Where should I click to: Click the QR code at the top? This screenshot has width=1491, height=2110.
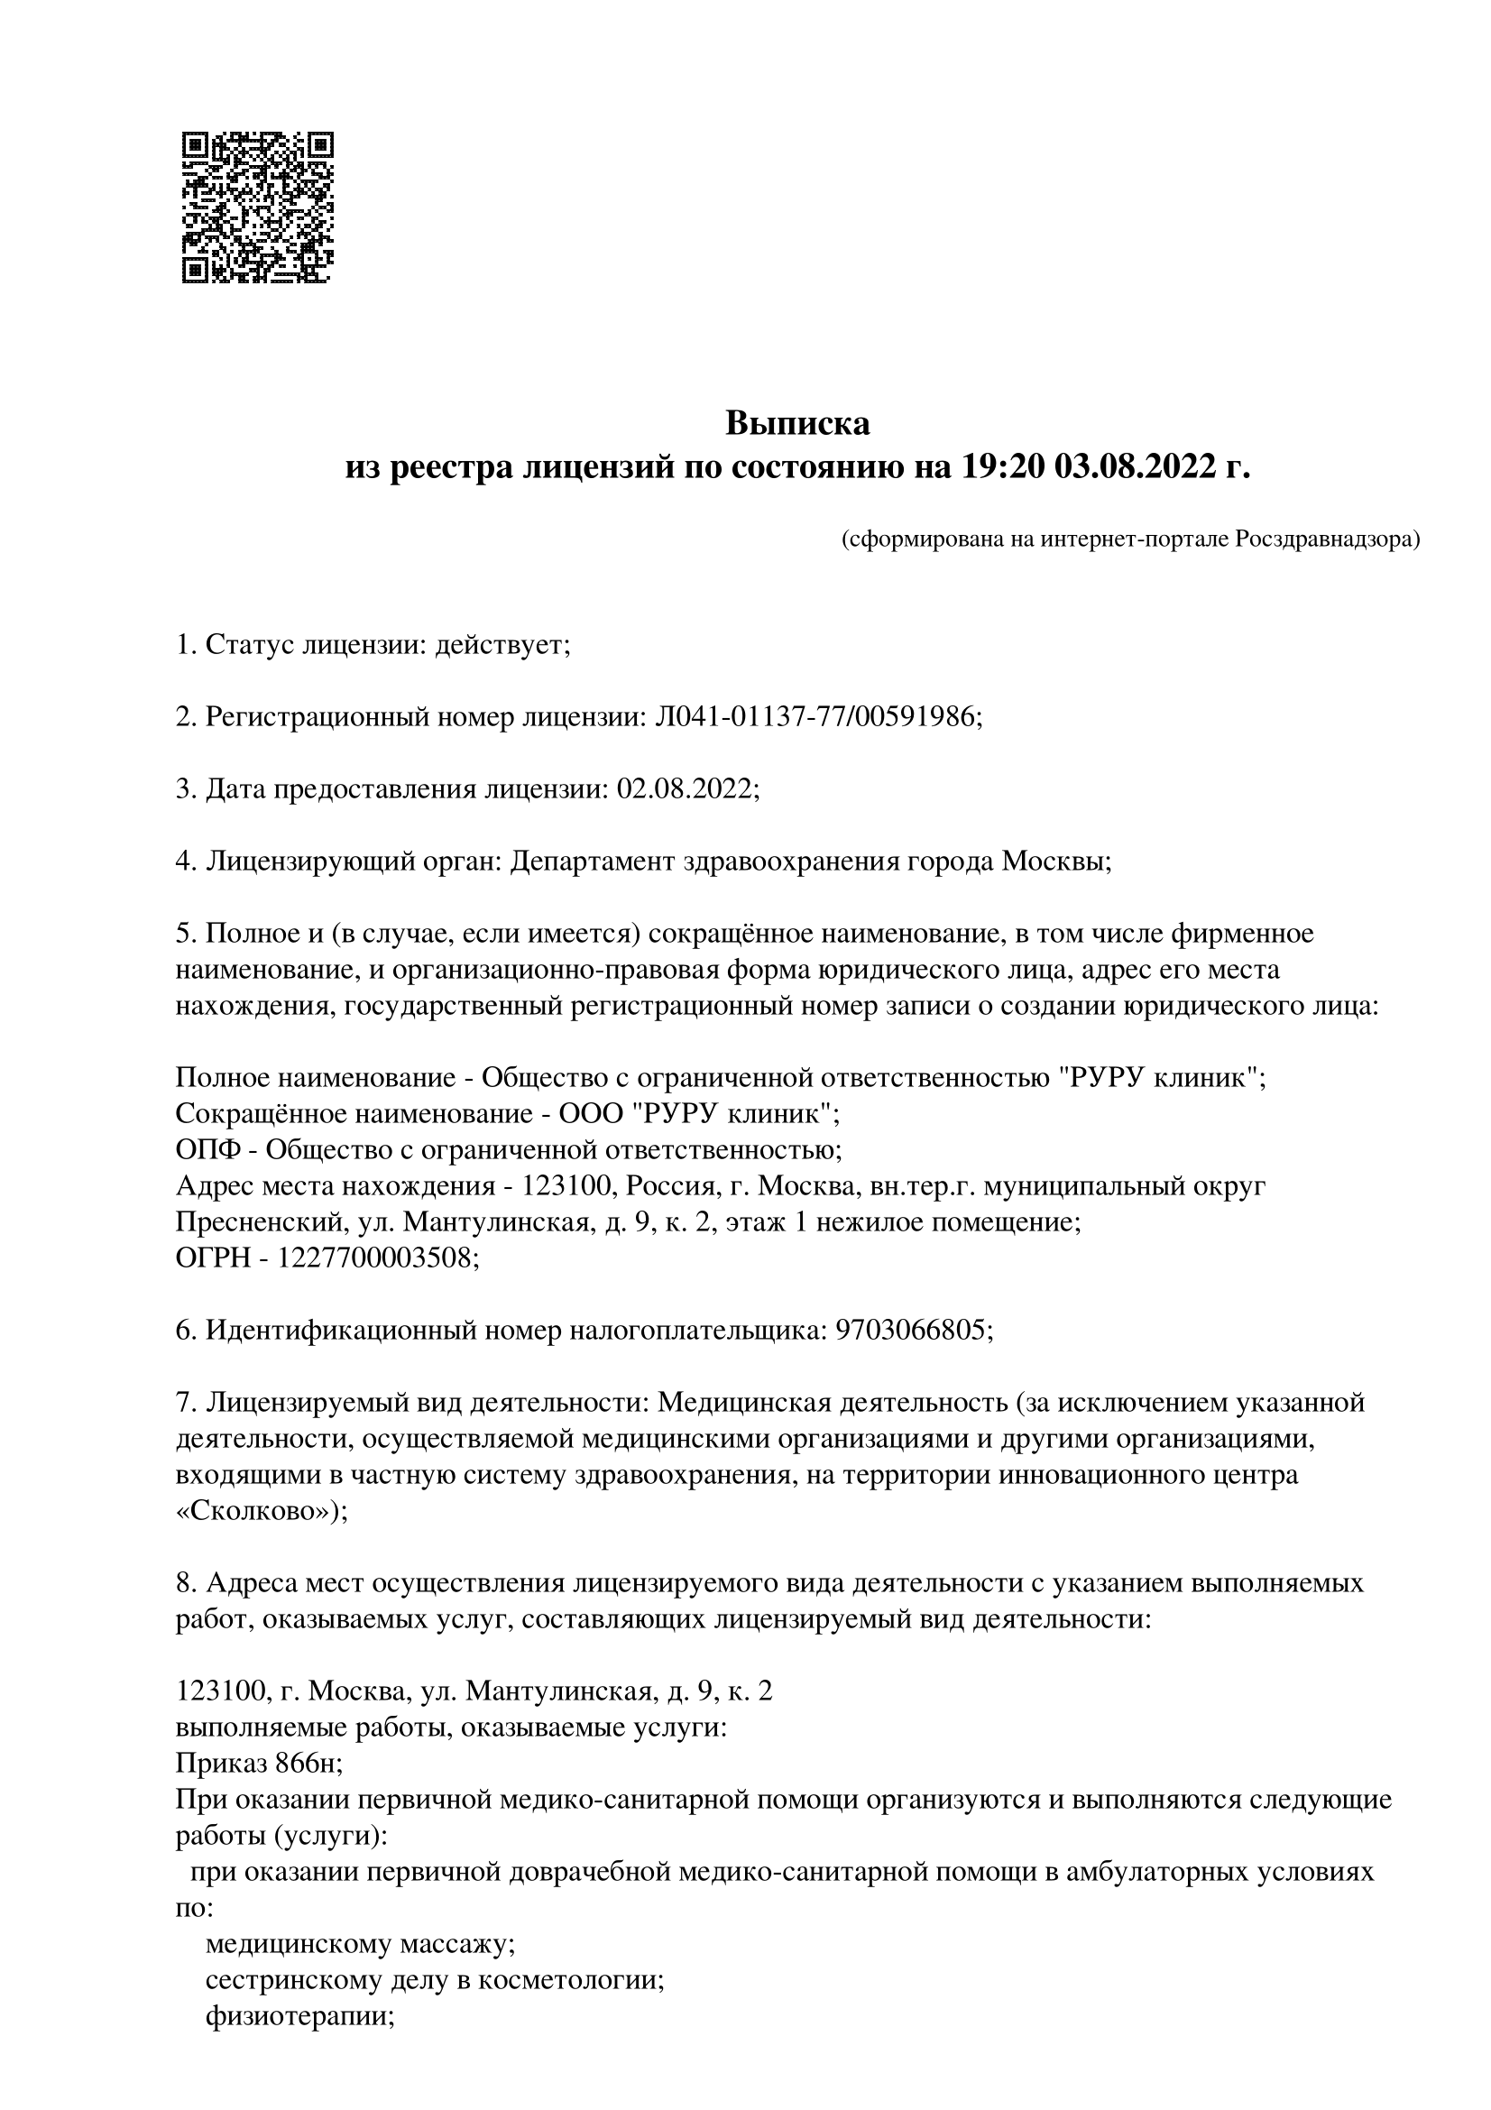pos(258,207)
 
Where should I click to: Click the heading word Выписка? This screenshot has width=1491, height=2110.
pos(797,424)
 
